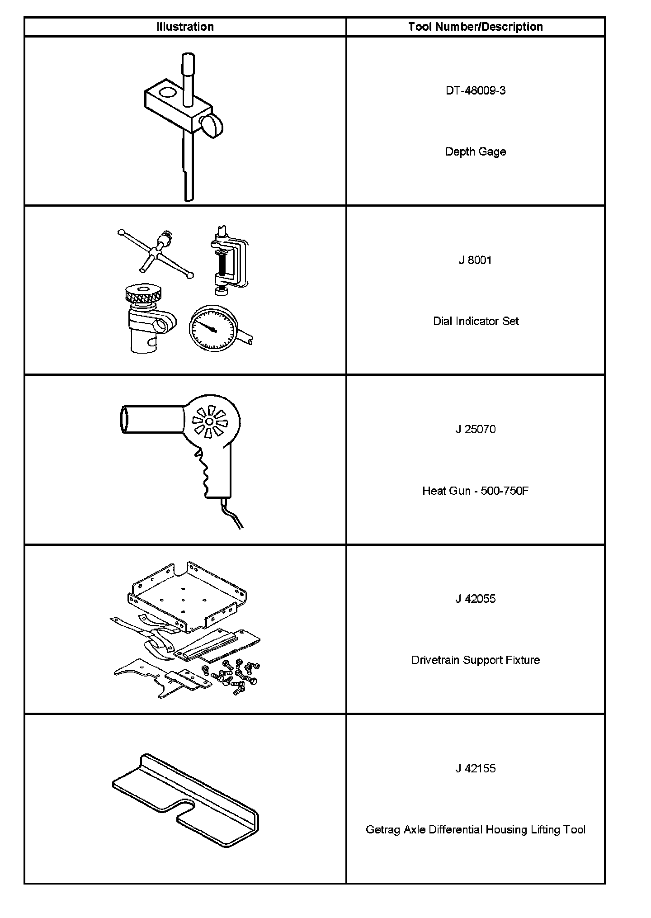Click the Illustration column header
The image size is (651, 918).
tap(185, 27)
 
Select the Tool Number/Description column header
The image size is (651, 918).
tap(475, 27)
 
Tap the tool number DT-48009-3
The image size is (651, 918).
tap(475, 90)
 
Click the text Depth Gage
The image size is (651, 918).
tap(475, 151)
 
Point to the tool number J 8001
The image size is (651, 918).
tap(475, 260)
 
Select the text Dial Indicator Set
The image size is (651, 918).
tap(476, 321)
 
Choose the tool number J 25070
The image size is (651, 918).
tap(475, 429)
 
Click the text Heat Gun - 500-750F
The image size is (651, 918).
tap(475, 491)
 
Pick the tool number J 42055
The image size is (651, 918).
tap(475, 599)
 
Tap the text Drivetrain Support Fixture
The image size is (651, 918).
tap(475, 660)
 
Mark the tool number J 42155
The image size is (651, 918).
tap(475, 768)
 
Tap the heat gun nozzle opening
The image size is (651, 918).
tap(123, 419)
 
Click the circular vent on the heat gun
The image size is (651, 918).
tap(209, 421)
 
